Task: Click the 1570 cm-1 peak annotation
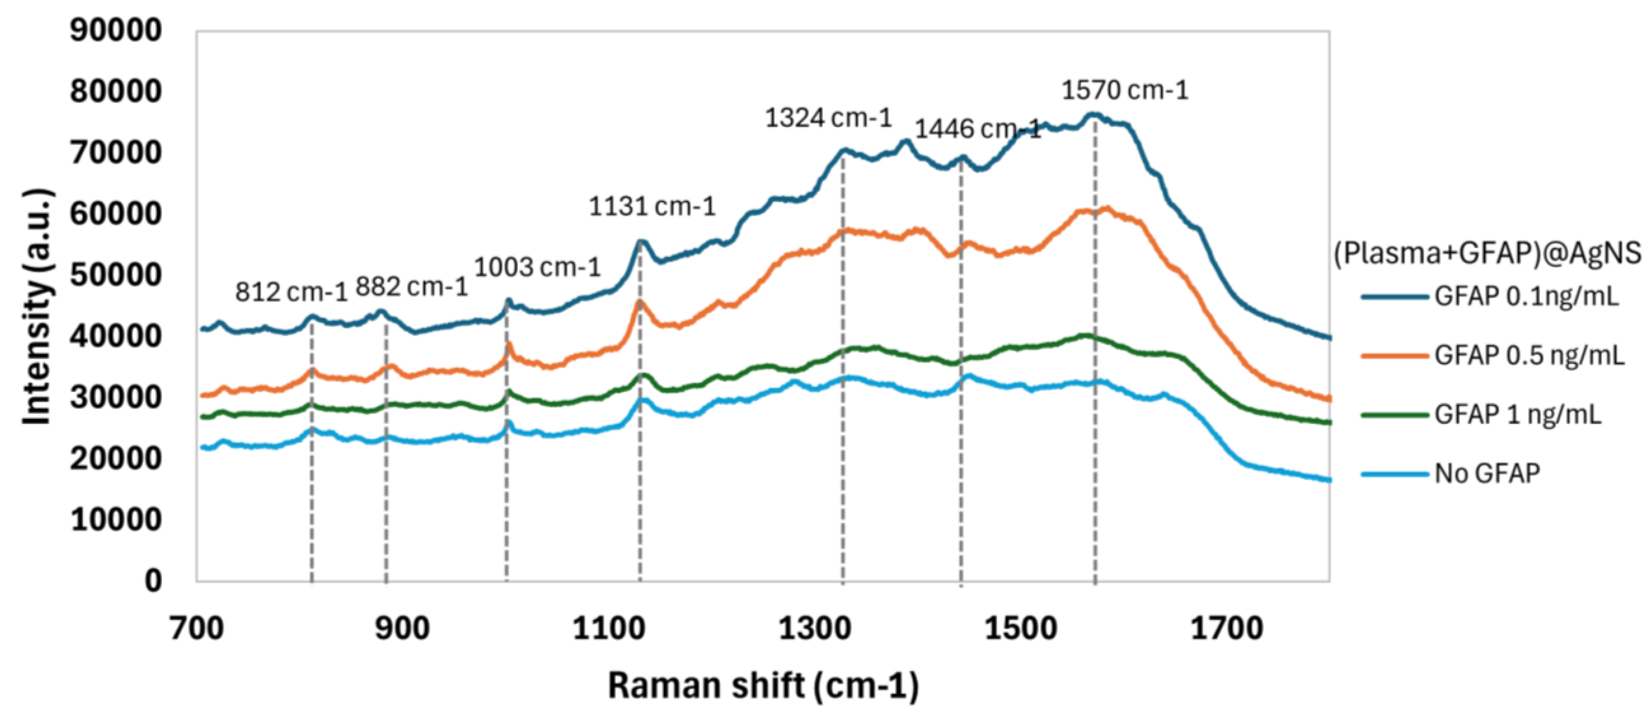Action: click(1125, 90)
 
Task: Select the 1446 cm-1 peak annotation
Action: click(977, 130)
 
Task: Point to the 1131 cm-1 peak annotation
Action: click(652, 206)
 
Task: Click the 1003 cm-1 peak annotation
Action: click(537, 267)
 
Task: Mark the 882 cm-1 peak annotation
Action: click(412, 287)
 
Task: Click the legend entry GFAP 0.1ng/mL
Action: click(1526, 296)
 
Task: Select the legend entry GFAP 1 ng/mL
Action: click(1517, 414)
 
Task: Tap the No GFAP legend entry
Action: click(1486, 473)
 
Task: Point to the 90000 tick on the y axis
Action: click(116, 30)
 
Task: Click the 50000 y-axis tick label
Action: click(116, 275)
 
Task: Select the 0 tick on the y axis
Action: click(152, 581)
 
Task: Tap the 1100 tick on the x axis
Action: click(609, 628)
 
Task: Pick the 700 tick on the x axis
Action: click(197, 628)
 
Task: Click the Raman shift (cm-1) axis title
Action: click(763, 686)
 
